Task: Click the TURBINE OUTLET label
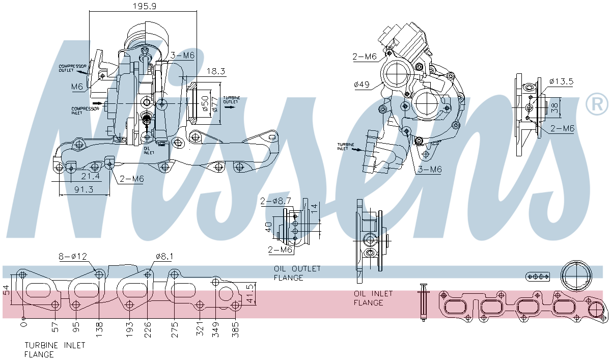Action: pos(232,99)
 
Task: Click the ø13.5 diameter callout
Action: pos(562,81)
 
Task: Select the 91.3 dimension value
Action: pos(84,189)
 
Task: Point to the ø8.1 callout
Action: pos(164,257)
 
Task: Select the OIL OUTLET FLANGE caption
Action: pos(297,273)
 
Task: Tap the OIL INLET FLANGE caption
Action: pos(373,298)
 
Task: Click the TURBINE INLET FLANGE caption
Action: pos(55,349)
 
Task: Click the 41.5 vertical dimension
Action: pos(249,294)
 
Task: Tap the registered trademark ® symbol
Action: pos(597,104)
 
